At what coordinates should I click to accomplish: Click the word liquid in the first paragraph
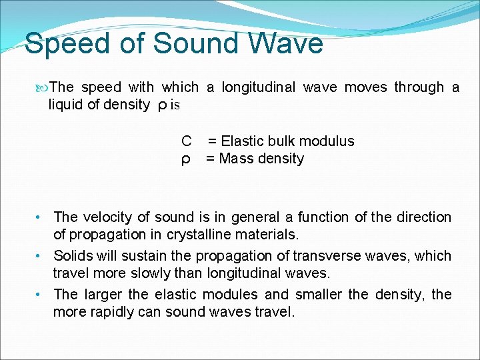(65, 105)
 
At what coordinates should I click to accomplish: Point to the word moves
(366, 87)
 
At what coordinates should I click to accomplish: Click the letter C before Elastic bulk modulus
(187, 141)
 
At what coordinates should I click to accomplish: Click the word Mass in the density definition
(236, 159)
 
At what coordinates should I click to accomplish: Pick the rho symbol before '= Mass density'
(187, 159)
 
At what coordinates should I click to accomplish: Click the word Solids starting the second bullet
(74, 256)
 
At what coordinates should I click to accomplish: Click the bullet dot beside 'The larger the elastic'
(40, 295)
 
